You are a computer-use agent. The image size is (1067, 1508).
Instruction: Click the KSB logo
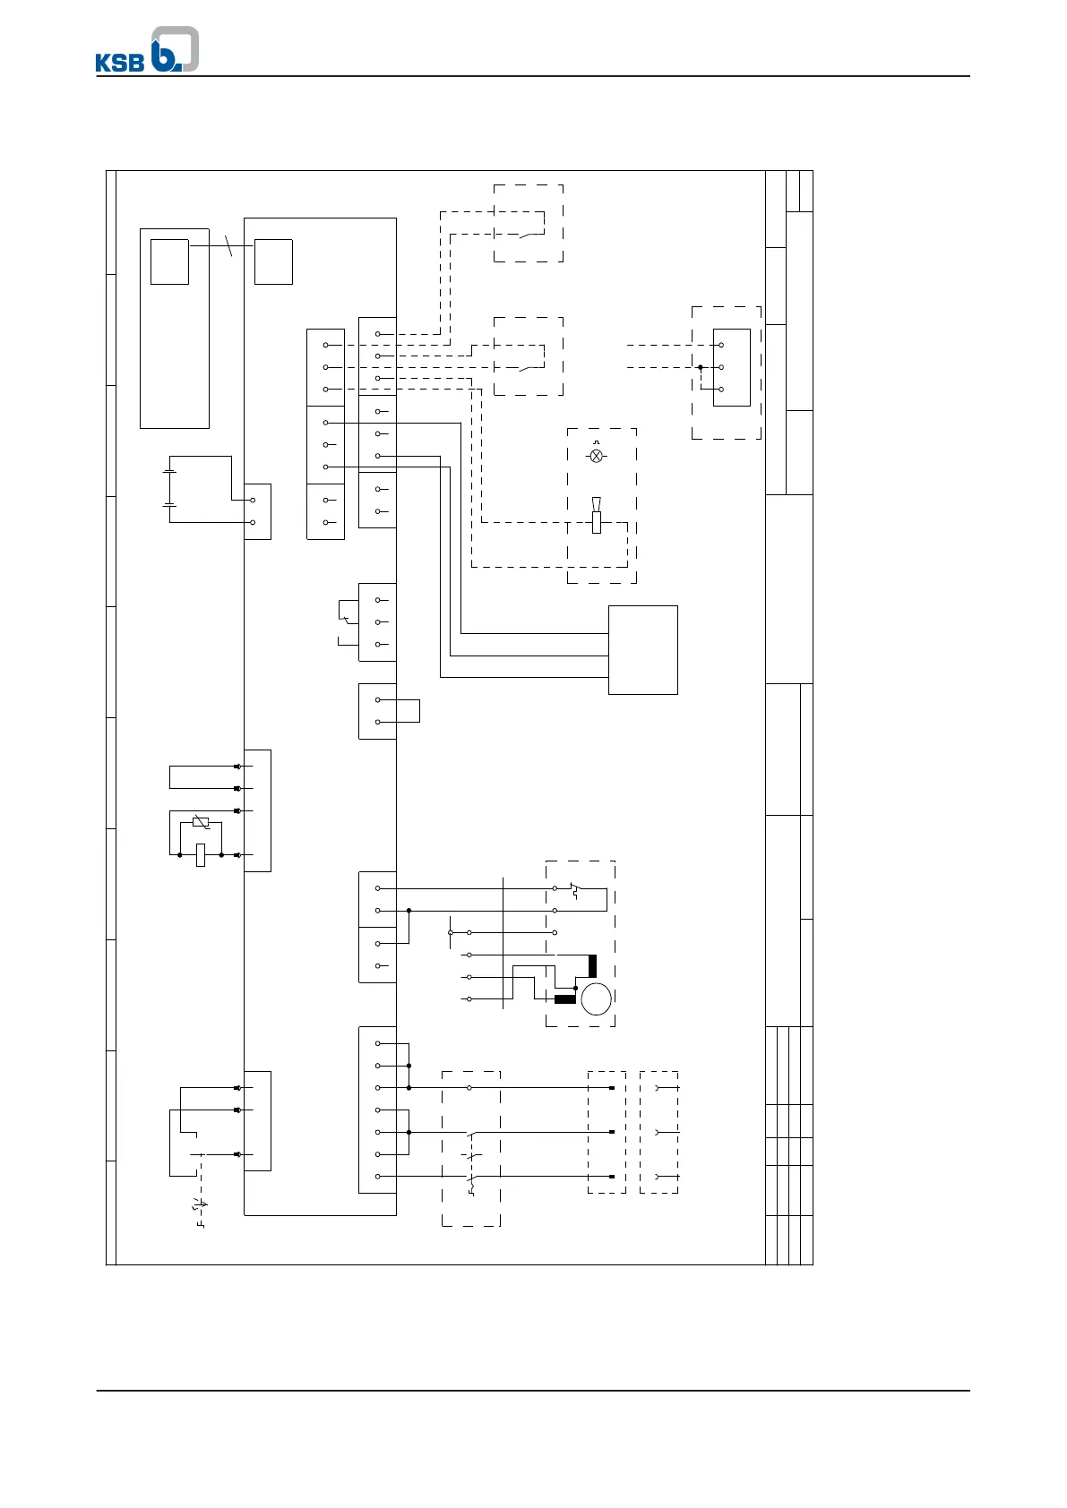pyautogui.click(x=147, y=50)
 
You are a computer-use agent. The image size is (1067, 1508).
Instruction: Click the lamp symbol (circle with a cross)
pyautogui.click(x=597, y=456)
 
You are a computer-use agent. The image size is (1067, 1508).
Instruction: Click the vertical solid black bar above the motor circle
pyautogui.click(x=592, y=966)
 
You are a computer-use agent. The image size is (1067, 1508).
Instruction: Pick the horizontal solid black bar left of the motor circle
pyautogui.click(x=565, y=999)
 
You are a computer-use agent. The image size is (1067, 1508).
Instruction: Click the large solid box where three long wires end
pyautogui.click(x=642, y=649)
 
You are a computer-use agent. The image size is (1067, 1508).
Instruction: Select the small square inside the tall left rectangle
pyautogui.click(x=169, y=261)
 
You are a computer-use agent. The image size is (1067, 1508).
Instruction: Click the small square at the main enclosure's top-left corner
pyautogui.click(x=273, y=261)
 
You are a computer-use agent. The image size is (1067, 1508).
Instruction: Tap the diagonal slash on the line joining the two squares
pyautogui.click(x=230, y=245)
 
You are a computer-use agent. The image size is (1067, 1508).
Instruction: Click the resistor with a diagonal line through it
pyautogui.click(x=201, y=823)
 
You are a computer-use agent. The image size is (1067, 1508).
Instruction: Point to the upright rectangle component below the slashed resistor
pyautogui.click(x=201, y=855)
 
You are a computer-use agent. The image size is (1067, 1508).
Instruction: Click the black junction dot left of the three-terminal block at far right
pyautogui.click(x=701, y=367)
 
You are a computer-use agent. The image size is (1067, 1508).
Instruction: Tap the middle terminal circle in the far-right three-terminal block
pyautogui.click(x=721, y=367)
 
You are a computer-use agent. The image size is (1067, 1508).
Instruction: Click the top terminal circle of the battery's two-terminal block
pyautogui.click(x=253, y=501)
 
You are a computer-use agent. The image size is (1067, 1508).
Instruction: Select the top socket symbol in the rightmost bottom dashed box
pyautogui.click(x=658, y=1088)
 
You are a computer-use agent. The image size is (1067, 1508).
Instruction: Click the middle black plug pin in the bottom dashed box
pyautogui.click(x=610, y=1132)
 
